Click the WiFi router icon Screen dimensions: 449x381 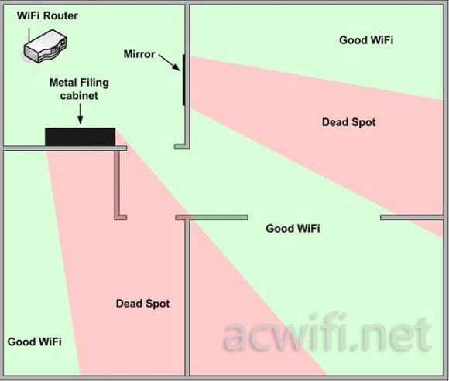pos(45,46)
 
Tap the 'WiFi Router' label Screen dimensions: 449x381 pos(47,15)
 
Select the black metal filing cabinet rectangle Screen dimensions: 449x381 pos(81,137)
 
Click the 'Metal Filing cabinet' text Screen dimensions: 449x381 pos(79,89)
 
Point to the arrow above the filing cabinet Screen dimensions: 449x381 pos(81,114)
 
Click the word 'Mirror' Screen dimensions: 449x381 pos(139,54)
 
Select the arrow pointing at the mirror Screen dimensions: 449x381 pos(170,63)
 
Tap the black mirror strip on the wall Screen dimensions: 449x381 pos(183,80)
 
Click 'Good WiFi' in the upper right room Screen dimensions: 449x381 pos(366,40)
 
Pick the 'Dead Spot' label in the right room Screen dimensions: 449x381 pos(349,122)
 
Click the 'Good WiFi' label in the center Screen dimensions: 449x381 pos(293,229)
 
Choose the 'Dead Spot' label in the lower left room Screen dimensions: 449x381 pos(143,304)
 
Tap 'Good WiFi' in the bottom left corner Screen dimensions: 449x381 pos(35,342)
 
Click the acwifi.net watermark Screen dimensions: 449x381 pos(327,333)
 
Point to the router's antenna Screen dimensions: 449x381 pos(29,36)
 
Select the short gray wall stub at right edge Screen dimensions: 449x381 pos(412,218)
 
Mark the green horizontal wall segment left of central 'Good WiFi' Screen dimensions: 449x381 pos(219,218)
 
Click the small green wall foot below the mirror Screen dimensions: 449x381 pos(180,147)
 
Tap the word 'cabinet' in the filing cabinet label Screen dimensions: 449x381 pos(79,96)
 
